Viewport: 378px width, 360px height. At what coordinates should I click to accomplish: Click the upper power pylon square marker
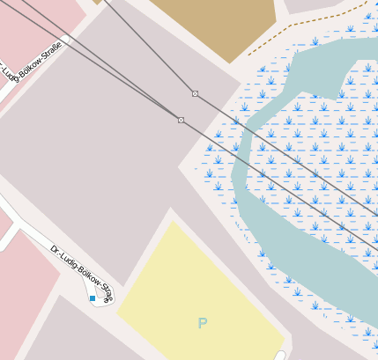pyautogui.click(x=195, y=93)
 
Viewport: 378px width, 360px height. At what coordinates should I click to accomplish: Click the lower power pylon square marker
pyautogui.click(x=181, y=120)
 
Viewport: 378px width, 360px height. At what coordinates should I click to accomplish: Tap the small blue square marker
pyautogui.click(x=93, y=298)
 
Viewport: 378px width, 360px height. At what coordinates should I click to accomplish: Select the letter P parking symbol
pyautogui.click(x=203, y=323)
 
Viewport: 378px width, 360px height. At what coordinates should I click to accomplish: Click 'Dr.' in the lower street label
pyautogui.click(x=55, y=250)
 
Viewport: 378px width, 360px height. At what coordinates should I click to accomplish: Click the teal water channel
pyautogui.click(x=264, y=229)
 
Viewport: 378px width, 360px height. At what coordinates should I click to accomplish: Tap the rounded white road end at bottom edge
pyautogui.click(x=280, y=355)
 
